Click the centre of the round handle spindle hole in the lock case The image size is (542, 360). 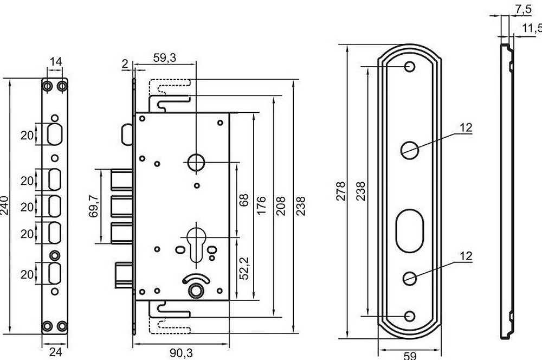[196, 162]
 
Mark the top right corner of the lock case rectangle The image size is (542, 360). [229, 113]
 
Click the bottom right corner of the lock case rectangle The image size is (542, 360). [229, 300]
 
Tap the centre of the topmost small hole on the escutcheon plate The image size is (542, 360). [410, 66]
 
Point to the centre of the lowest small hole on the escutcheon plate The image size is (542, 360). [410, 316]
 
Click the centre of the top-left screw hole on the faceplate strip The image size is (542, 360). [47, 86]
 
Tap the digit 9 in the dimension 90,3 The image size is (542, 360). [173, 353]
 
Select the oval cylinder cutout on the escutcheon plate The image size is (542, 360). [410, 230]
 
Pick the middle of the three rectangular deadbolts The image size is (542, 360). [121, 207]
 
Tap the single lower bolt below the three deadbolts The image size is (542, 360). [124, 275]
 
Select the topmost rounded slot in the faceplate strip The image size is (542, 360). [55, 134]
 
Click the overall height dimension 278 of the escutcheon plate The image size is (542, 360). [341, 191]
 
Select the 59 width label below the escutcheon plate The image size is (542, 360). [410, 356]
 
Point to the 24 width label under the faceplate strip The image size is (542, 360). [55, 352]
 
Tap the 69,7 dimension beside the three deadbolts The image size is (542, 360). [93, 206]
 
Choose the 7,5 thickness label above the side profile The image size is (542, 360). [524, 9]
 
